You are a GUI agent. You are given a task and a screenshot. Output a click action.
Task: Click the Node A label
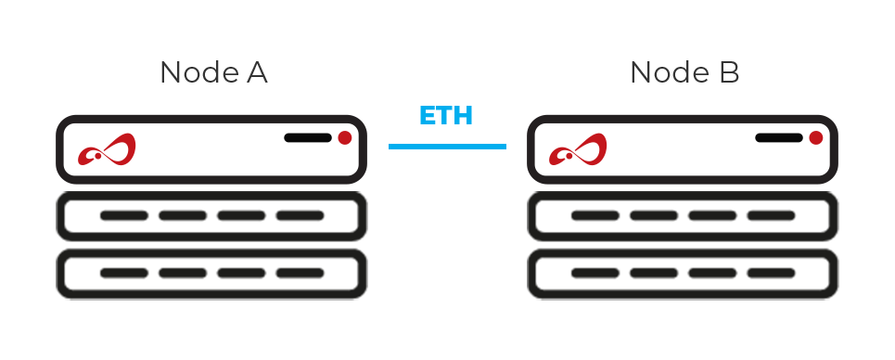click(213, 72)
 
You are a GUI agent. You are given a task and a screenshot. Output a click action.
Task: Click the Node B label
click(684, 72)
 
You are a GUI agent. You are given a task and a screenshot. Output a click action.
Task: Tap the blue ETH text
click(446, 117)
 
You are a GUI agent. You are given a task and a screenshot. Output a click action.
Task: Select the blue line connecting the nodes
click(447, 146)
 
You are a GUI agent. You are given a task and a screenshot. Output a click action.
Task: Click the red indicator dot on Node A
click(344, 138)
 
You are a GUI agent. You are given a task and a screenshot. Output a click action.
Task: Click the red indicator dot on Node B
click(815, 138)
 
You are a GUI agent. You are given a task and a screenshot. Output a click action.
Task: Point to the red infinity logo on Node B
click(578, 150)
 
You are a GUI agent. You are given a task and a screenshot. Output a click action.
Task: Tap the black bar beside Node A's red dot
click(308, 138)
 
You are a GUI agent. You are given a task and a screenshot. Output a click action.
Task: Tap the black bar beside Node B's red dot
click(779, 138)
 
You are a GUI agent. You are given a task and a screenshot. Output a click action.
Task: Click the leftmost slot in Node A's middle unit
click(124, 216)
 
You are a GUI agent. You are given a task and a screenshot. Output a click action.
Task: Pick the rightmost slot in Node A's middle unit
click(300, 216)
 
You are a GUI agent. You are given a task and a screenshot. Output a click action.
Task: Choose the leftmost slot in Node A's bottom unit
click(124, 273)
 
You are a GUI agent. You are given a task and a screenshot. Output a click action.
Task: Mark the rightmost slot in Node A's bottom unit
click(300, 273)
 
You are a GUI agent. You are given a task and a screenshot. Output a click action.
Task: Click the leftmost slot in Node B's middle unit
click(595, 216)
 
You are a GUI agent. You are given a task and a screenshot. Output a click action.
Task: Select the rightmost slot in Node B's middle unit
click(771, 216)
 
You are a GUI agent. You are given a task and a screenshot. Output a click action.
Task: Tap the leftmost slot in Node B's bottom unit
click(595, 273)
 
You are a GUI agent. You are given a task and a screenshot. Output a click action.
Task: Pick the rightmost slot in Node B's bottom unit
click(771, 273)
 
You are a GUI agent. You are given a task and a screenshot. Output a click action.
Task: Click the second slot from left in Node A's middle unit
click(183, 216)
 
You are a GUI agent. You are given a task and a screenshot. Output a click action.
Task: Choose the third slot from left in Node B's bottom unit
click(712, 273)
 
